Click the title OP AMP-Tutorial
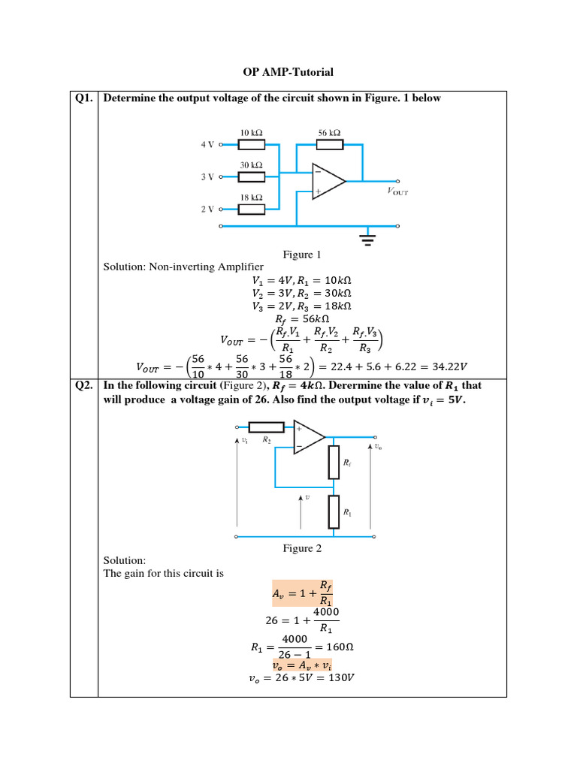coord(288,72)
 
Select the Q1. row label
coord(84,98)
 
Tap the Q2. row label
coord(84,386)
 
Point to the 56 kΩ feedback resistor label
coord(330,132)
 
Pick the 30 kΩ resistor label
coord(251,164)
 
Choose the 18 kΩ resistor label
coord(251,197)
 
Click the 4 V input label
coord(207,144)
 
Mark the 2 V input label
coord(207,209)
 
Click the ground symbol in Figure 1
coord(367,240)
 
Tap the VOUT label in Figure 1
coord(398,191)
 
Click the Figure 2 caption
coord(302,549)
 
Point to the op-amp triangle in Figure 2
coord(309,438)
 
